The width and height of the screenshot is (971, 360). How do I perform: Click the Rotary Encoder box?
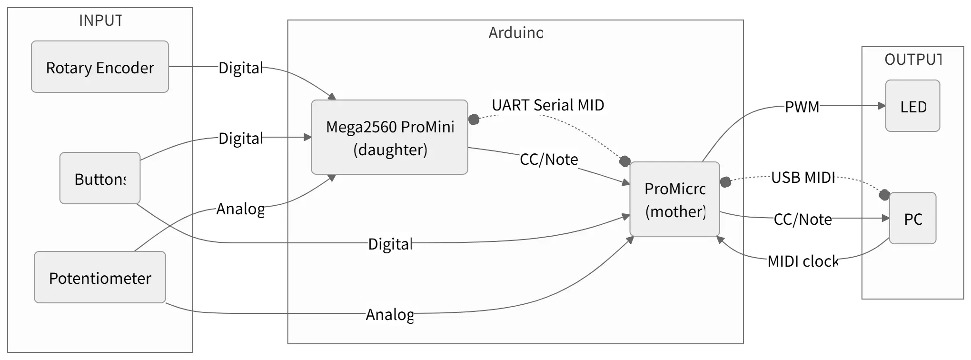[x=100, y=67]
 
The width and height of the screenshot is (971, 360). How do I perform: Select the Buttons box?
[x=100, y=178]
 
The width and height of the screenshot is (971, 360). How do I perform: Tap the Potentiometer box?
[x=100, y=277]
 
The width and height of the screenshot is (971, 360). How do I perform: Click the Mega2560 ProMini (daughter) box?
[x=389, y=137]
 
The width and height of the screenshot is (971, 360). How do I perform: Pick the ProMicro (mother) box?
[x=674, y=199]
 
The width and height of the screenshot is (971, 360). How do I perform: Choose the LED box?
[x=912, y=106]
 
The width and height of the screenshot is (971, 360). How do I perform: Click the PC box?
[x=912, y=218]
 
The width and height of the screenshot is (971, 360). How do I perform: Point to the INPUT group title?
[x=100, y=20]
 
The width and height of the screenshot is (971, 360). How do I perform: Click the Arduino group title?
[x=515, y=33]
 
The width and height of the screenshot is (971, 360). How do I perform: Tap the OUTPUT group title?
[x=912, y=60]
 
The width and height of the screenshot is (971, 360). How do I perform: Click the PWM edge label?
[x=802, y=107]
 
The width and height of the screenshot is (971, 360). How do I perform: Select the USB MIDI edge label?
[x=803, y=177]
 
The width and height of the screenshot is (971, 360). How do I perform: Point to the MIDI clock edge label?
[x=803, y=261]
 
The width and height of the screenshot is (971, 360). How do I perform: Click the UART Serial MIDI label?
[x=548, y=105]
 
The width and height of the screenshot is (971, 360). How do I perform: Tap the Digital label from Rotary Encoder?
[x=240, y=68]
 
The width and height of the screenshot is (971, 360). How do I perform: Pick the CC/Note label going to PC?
[x=803, y=219]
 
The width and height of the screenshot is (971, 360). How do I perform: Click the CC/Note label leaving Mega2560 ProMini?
[x=549, y=159]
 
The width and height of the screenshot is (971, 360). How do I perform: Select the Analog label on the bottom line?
[x=390, y=314]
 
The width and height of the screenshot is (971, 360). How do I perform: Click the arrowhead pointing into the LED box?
[x=882, y=106]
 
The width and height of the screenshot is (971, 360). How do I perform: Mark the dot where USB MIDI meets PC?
[x=884, y=194]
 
